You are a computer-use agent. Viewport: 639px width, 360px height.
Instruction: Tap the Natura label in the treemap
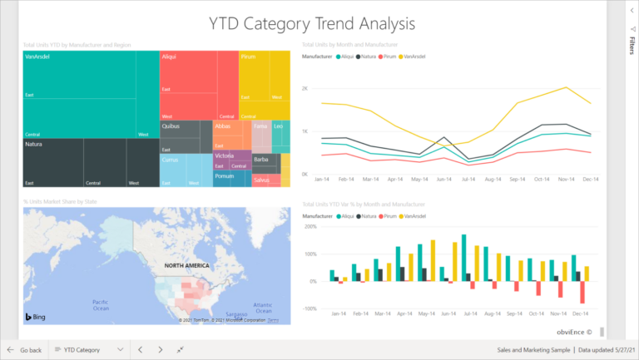pos(34,144)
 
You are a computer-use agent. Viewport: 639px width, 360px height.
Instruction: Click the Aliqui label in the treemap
pos(169,57)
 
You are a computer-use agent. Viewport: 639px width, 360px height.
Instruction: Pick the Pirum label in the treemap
pos(247,57)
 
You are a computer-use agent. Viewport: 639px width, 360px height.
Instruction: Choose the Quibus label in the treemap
pos(171,126)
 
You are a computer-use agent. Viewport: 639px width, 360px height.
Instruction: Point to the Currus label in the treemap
pos(170,160)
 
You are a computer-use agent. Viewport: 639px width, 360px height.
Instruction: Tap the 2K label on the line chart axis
pos(305,88)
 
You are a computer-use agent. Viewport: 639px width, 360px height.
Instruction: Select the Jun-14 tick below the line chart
pos(443,178)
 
